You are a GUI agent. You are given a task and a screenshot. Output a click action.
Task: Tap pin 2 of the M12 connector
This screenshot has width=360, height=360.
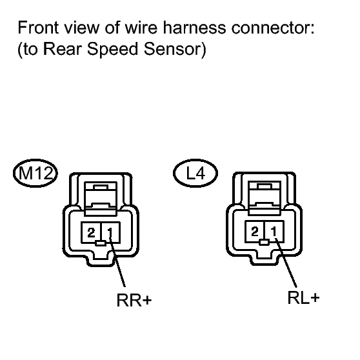[91, 232]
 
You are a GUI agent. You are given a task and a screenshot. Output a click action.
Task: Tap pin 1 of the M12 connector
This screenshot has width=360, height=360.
[111, 232]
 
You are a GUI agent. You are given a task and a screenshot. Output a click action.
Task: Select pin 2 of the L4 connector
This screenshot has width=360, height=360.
[255, 232]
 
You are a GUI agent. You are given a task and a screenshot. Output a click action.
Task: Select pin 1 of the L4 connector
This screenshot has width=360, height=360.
[274, 232]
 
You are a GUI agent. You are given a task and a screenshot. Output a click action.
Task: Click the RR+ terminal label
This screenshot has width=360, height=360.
[134, 300]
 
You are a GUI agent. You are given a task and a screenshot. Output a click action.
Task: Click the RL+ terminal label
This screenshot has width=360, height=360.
[303, 298]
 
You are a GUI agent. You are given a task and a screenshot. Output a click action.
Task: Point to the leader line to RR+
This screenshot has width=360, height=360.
[117, 262]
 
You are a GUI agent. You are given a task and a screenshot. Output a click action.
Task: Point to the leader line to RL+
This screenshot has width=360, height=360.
[286, 263]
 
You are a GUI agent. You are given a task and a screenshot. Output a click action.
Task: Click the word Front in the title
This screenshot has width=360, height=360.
[38, 28]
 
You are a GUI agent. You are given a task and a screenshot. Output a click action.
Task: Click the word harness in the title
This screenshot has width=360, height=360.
[194, 28]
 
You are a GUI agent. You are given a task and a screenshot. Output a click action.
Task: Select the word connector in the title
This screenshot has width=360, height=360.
[273, 28]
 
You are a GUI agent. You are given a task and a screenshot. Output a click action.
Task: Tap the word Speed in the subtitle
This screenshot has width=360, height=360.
[112, 50]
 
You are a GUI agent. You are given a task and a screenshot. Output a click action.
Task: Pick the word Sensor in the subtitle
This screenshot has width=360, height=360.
[172, 49]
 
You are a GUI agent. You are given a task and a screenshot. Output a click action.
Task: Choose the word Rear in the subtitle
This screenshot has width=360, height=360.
[63, 49]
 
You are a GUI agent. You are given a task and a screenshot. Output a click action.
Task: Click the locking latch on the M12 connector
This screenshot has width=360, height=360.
[101, 199]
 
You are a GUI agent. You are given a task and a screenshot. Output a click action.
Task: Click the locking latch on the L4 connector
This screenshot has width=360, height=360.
[265, 197]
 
